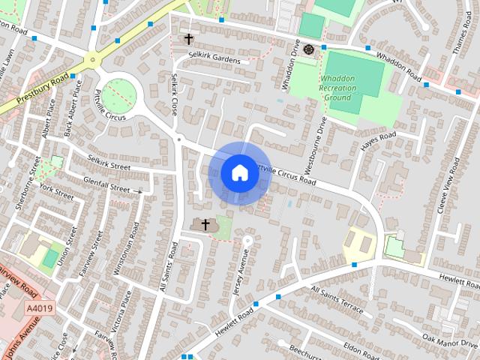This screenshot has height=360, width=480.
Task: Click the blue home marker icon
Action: tap(238, 172)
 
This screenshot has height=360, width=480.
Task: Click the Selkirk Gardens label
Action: tap(214, 59)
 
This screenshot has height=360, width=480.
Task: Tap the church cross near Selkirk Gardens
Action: tap(188, 39)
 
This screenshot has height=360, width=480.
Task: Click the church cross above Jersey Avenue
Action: tap(205, 223)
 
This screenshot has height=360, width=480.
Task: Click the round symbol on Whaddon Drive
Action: tap(310, 50)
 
